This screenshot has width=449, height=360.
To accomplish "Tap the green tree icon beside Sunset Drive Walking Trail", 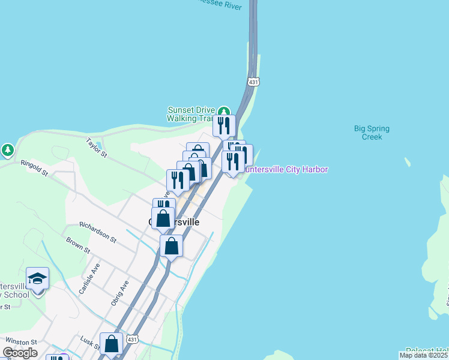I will pos(223,112).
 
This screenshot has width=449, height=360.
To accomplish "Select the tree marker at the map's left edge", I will pos(7,149).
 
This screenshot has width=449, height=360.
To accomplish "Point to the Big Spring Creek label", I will pos(372,133).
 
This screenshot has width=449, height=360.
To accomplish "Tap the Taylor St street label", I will pos(96,148).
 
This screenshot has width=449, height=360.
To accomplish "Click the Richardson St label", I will pos(97,232).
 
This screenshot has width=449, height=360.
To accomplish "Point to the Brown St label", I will pos(79,245).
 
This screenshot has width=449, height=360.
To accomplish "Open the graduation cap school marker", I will pos(37,278).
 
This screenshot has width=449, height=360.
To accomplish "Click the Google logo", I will pos(20,353).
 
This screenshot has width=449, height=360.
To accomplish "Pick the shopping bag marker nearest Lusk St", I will pos(111,344).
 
